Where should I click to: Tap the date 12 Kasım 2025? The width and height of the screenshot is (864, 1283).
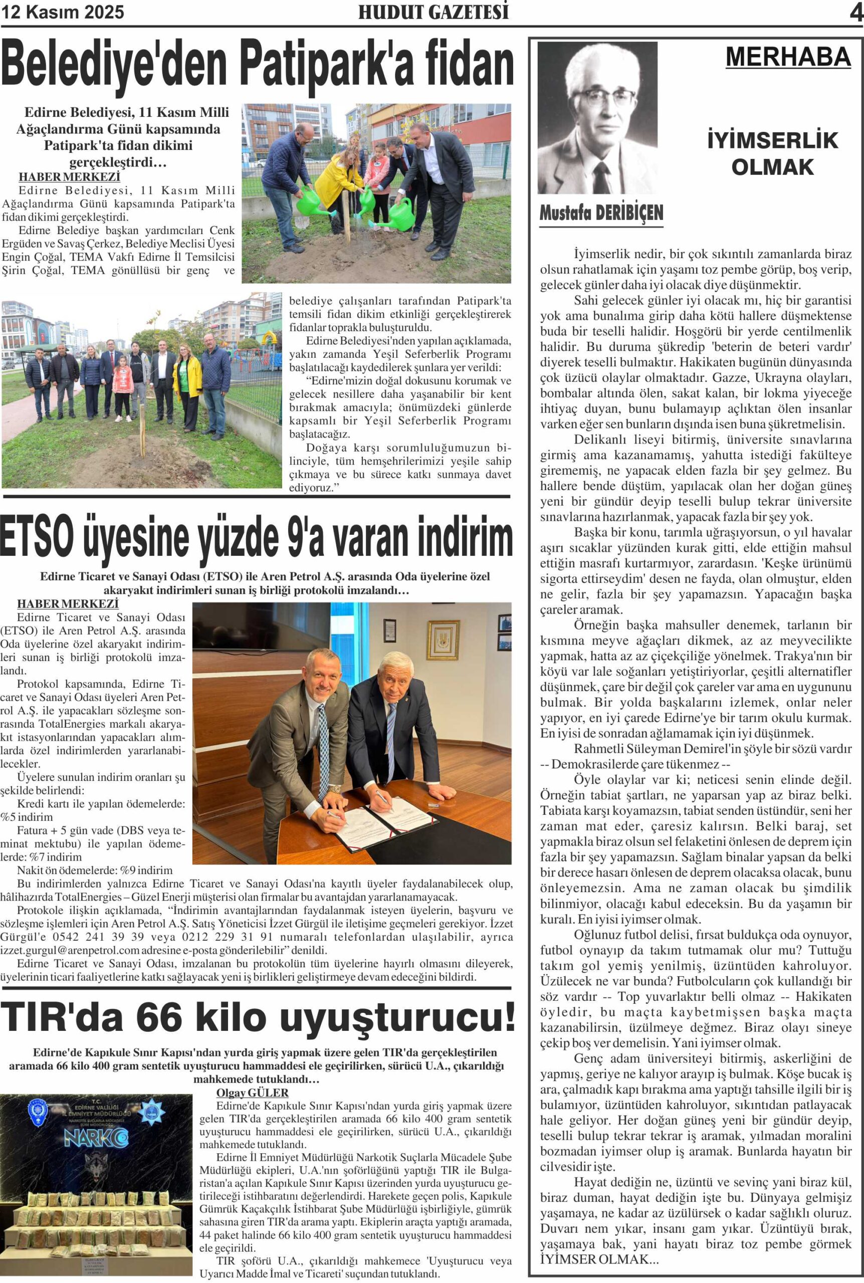coord(63,12)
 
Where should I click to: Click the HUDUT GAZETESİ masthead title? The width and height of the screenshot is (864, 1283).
coord(433,13)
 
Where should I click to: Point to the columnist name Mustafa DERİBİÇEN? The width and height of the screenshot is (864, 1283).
coord(600,212)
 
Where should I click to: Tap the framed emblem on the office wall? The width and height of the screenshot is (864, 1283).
coord(443,639)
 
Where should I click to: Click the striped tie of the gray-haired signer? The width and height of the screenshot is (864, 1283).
coord(391,741)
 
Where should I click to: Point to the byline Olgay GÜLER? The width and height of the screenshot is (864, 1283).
coord(252,1093)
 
